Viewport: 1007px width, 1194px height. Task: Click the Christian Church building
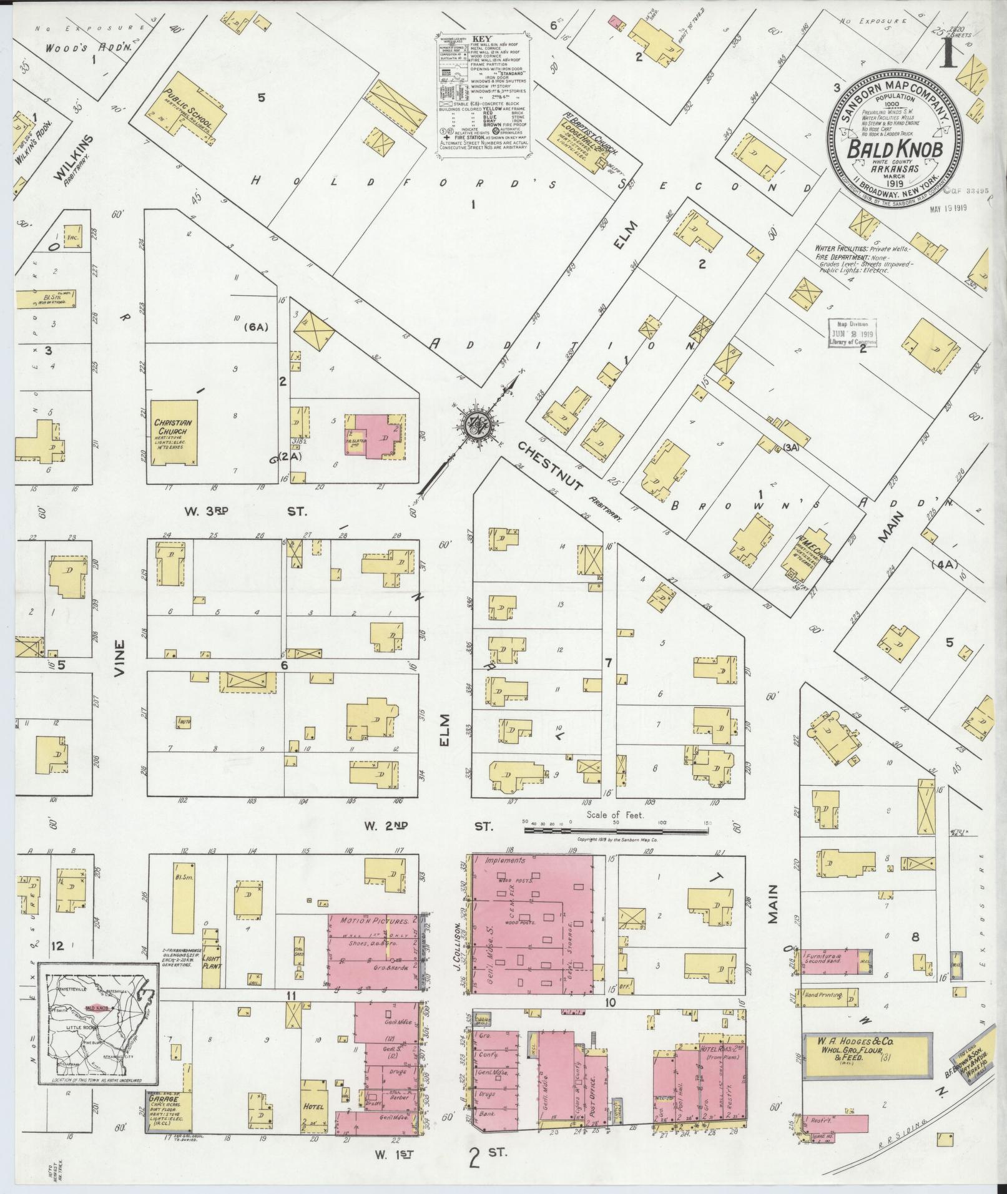click(x=173, y=432)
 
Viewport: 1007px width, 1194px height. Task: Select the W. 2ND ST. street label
click(x=428, y=826)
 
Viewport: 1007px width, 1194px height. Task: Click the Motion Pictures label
click(x=374, y=921)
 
